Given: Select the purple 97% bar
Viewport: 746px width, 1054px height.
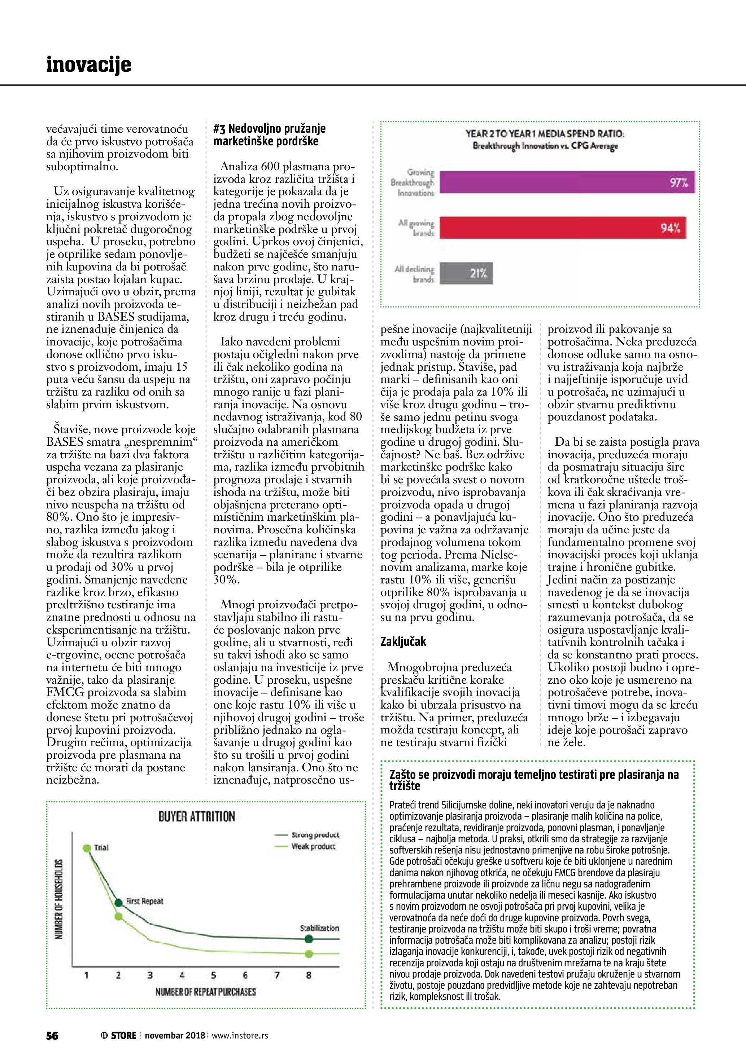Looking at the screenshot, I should (x=567, y=182).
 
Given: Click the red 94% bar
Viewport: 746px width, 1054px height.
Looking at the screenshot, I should (x=562, y=228).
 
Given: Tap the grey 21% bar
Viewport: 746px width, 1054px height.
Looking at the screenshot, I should (x=466, y=274).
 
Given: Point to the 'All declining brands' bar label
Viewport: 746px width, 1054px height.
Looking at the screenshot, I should (x=414, y=274).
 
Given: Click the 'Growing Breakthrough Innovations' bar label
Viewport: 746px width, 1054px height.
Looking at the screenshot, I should (x=413, y=182).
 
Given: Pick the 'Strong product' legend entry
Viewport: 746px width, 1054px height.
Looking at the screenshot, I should (x=315, y=848).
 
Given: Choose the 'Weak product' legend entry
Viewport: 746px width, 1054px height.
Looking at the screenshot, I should (x=313, y=859).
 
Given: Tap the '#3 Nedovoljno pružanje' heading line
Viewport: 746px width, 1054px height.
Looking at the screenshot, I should (x=269, y=128).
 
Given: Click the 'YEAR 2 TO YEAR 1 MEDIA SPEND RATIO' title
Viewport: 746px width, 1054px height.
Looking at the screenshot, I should (x=545, y=134).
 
